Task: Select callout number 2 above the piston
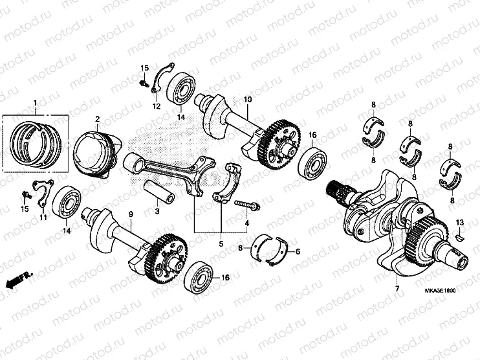[96, 119]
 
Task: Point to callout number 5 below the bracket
[221, 243]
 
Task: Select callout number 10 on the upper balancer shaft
[246, 100]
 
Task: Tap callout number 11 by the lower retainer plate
[44, 218]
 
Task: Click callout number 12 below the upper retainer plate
[156, 106]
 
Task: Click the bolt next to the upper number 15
[142, 83]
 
